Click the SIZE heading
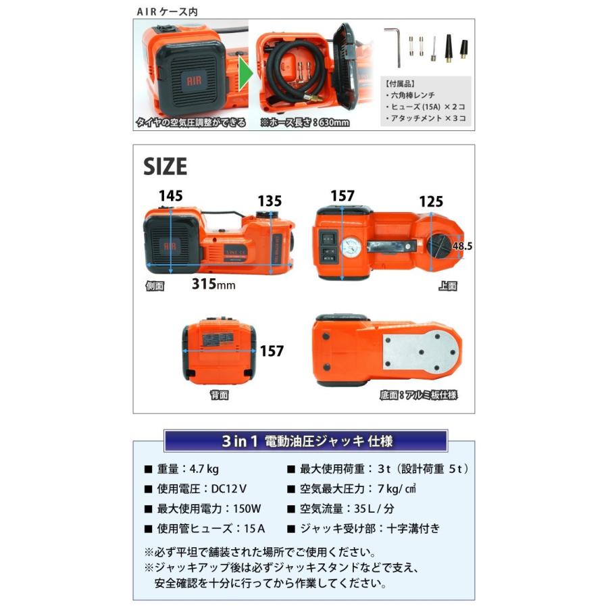(166, 166)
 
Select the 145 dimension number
(170, 195)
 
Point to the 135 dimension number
(269, 201)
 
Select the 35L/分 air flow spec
(352, 509)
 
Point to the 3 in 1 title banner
(305, 441)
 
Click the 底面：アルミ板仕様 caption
(418, 395)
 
